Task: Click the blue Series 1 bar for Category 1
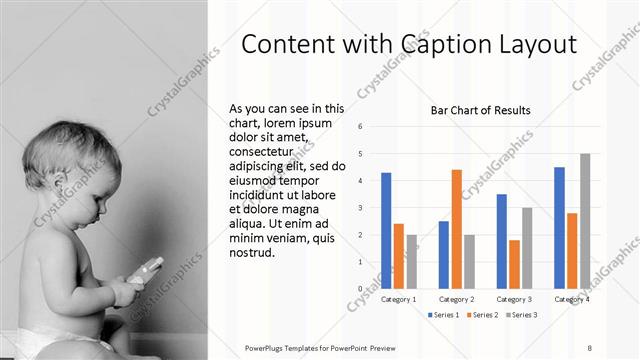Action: click(386, 230)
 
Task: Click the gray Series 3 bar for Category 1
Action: click(411, 261)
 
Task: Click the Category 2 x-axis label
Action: click(457, 299)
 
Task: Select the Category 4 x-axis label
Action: click(572, 299)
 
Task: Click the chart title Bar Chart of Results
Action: click(480, 110)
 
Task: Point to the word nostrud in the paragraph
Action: click(253, 252)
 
